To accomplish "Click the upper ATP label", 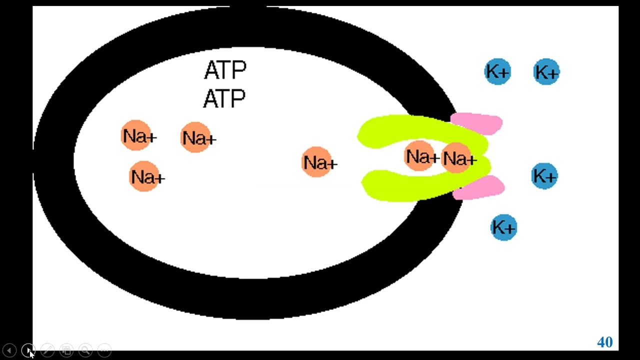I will [x=225, y=70].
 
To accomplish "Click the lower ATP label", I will [x=224, y=98].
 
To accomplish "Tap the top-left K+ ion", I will [x=497, y=72].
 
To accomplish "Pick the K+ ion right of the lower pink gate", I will [x=544, y=175].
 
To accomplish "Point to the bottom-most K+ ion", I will [x=503, y=227].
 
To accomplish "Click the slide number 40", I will [x=604, y=342].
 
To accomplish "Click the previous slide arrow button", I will [x=9, y=350].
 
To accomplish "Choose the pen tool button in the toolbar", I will [x=47, y=350].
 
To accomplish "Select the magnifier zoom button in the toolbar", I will [x=85, y=350].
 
